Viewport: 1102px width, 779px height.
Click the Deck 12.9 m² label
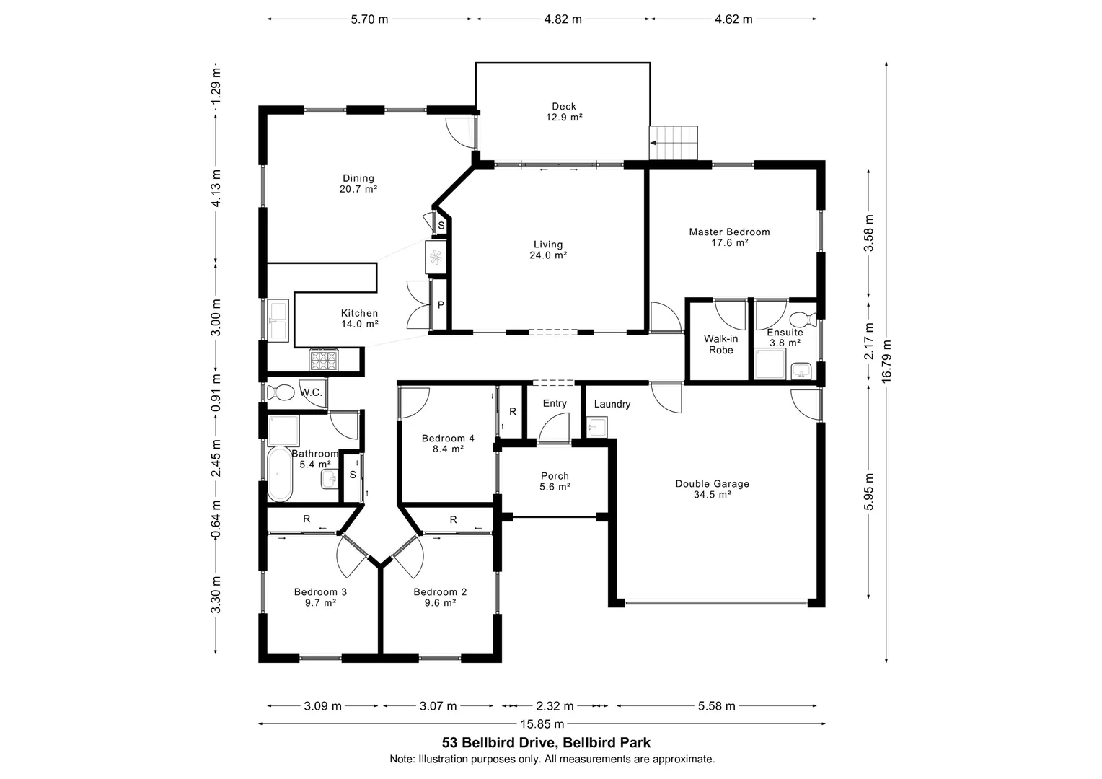(x=563, y=112)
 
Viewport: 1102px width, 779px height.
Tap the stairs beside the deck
(x=674, y=143)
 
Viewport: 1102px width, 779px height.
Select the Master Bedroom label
(x=729, y=237)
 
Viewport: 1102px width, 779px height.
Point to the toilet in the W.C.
(x=279, y=393)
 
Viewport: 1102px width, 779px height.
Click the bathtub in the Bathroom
(x=280, y=474)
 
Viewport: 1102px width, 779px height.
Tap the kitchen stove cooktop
(x=324, y=359)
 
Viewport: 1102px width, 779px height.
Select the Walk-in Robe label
(x=720, y=344)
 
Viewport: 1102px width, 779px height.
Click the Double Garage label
(x=712, y=489)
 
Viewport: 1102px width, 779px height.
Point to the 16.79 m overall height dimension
(x=886, y=361)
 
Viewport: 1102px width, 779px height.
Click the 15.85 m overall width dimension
(x=542, y=724)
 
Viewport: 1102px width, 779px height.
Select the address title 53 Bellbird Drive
(x=546, y=742)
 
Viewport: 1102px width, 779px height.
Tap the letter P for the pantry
(x=441, y=305)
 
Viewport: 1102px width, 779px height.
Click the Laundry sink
(x=596, y=429)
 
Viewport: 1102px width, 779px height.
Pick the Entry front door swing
(x=555, y=428)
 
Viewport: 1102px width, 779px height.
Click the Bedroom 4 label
(x=448, y=443)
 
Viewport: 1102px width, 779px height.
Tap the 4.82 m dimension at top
(x=563, y=19)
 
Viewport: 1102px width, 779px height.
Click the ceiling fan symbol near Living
(x=436, y=258)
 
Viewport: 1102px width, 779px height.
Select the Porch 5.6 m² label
(x=555, y=481)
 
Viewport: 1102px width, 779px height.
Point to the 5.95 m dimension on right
(x=870, y=491)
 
